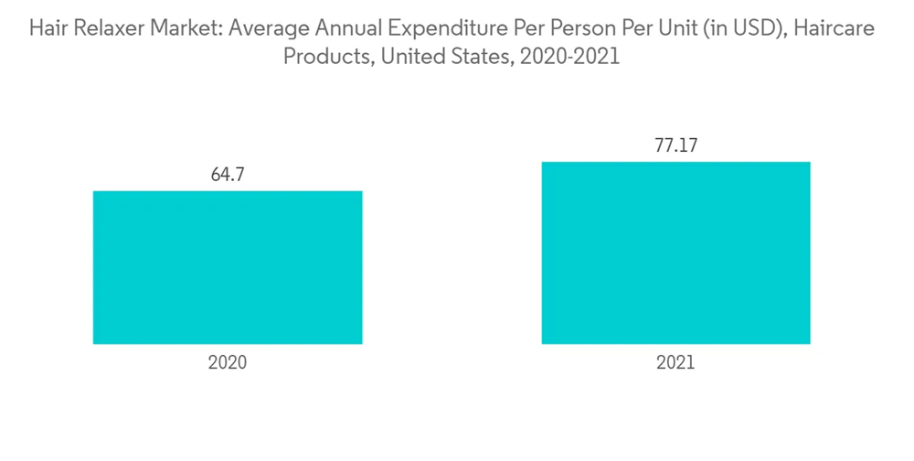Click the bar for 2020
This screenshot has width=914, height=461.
(x=228, y=267)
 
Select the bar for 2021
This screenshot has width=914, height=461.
(x=675, y=252)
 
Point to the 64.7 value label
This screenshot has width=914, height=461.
(x=228, y=175)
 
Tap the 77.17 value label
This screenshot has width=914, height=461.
(x=675, y=145)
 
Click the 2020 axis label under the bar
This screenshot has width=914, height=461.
(x=228, y=363)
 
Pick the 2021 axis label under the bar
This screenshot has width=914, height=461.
(x=675, y=363)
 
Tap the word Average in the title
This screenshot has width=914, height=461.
(x=265, y=29)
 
